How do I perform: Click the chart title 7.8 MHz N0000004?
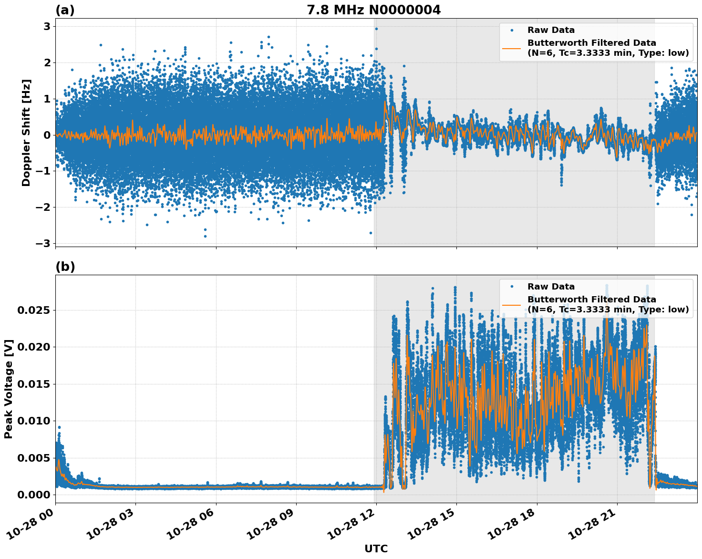tap(373, 10)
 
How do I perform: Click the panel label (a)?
tap(65, 10)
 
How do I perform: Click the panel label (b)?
tap(65, 267)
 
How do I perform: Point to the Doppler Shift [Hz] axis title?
tap(27, 133)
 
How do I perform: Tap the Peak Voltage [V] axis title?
tap(9, 389)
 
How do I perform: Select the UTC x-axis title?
tap(376, 549)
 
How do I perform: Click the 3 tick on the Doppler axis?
tap(47, 26)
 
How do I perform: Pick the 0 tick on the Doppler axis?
tap(47, 135)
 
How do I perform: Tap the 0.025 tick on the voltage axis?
tap(33, 311)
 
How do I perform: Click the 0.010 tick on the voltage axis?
tap(33, 421)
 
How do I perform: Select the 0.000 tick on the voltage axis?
tap(33, 495)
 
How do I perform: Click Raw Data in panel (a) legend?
tap(551, 30)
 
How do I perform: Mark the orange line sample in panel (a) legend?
tap(511, 48)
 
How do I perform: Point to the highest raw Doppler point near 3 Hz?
tap(376, 29)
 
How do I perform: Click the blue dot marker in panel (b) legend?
tap(511, 287)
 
